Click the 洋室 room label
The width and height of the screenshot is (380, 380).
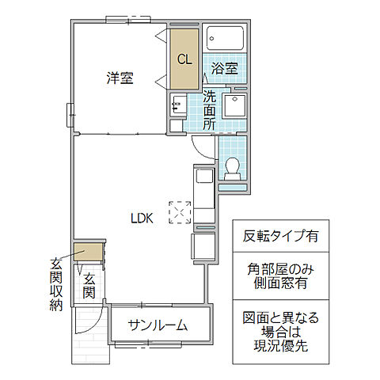(120, 78)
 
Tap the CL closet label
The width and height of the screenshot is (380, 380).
(184, 59)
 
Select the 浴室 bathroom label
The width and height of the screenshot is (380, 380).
(225, 69)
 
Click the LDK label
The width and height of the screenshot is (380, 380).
(142, 218)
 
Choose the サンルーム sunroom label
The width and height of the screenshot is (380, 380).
(158, 325)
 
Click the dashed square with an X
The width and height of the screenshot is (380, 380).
(180, 212)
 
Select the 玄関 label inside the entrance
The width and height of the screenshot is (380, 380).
(89, 286)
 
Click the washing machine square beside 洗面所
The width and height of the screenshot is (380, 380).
(234, 107)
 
